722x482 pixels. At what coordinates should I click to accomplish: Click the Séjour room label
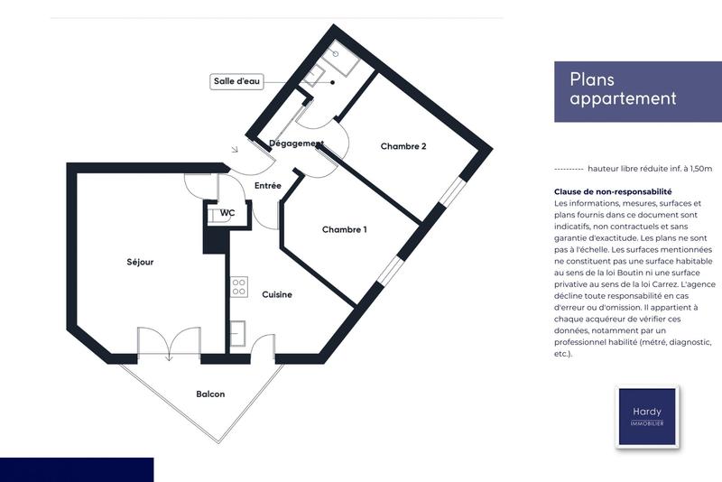140,263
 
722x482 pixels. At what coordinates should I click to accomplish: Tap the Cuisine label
276,294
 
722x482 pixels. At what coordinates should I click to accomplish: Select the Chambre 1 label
345,230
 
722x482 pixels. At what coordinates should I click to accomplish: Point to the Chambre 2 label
403,146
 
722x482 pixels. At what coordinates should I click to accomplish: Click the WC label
227,213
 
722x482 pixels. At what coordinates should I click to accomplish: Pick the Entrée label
267,186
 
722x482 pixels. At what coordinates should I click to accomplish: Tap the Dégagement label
296,144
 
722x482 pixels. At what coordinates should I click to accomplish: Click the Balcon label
210,394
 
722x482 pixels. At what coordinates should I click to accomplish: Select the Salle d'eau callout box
237,81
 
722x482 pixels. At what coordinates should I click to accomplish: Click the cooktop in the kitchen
239,288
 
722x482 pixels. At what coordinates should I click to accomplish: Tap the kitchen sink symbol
238,334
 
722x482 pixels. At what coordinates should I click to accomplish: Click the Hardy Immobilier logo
646,416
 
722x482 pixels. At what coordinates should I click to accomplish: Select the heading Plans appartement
623,89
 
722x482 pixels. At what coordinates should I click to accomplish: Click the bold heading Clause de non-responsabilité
613,192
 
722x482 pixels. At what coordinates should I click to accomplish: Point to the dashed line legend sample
568,169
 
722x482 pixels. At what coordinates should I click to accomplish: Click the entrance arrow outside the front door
235,149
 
